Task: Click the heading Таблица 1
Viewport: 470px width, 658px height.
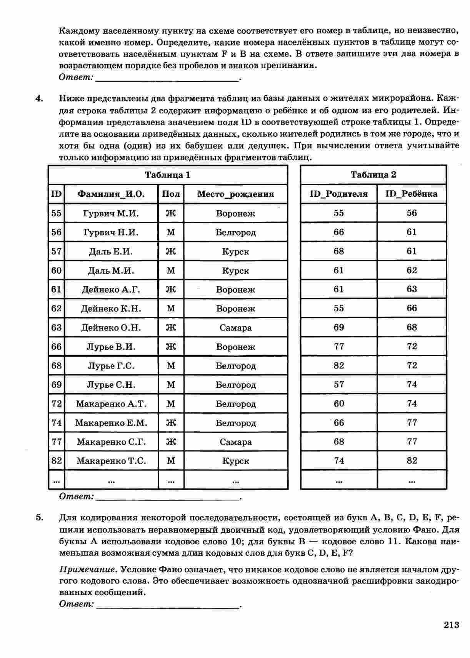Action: [168, 175]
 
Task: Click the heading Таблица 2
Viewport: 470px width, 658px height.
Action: [373, 175]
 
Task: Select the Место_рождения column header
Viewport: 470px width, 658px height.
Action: [235, 194]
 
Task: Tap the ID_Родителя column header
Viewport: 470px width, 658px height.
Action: [338, 194]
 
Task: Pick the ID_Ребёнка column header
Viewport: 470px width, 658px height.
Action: [412, 194]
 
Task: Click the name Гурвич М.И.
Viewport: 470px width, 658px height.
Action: [111, 213]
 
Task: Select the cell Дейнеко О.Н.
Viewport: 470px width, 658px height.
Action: [111, 328]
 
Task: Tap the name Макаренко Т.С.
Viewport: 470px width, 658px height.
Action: [111, 461]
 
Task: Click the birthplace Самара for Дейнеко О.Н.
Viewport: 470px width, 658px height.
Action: [235, 328]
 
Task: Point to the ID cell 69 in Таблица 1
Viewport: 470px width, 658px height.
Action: [56, 385]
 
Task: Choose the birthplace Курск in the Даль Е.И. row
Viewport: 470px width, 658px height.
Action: [235, 252]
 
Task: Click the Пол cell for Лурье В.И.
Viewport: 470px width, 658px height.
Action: [171, 347]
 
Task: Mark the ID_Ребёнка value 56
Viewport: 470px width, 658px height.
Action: [412, 213]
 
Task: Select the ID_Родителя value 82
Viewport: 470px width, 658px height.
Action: [338, 366]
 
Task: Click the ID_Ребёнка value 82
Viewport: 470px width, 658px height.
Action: [412, 461]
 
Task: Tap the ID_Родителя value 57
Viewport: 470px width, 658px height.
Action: [338, 385]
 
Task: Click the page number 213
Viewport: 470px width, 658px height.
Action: [452, 625]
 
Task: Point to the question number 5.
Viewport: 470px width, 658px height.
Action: [39, 518]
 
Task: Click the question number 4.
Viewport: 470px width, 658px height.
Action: [39, 99]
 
